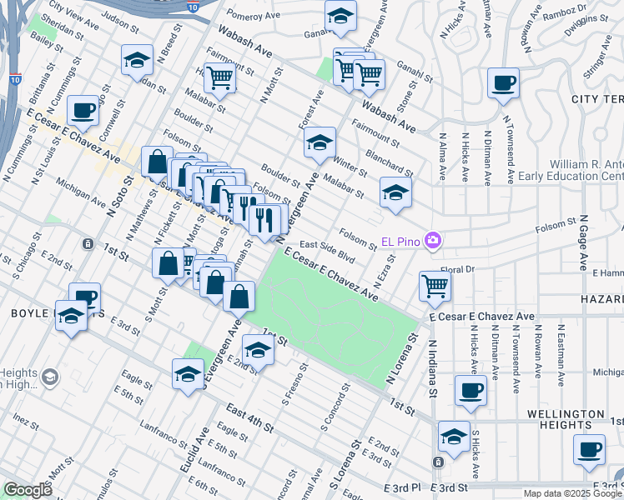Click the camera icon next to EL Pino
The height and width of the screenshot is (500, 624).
[x=433, y=242]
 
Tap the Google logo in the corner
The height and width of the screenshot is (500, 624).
[x=28, y=491]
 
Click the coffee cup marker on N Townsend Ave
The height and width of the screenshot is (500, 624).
[x=503, y=83]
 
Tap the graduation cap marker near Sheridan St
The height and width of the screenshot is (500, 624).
[x=137, y=60]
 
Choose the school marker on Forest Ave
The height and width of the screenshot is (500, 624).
[x=319, y=142]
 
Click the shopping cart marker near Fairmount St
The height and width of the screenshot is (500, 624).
[x=220, y=78]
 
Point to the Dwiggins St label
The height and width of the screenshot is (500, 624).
[x=585, y=28]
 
